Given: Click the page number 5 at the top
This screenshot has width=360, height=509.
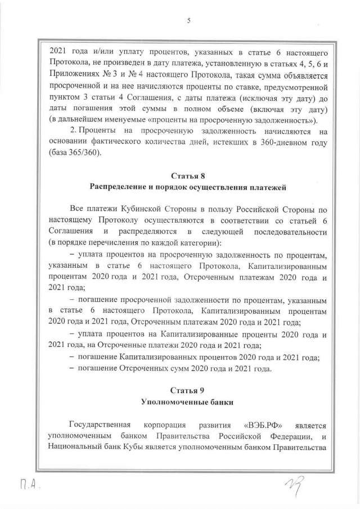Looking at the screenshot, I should (189, 21).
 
